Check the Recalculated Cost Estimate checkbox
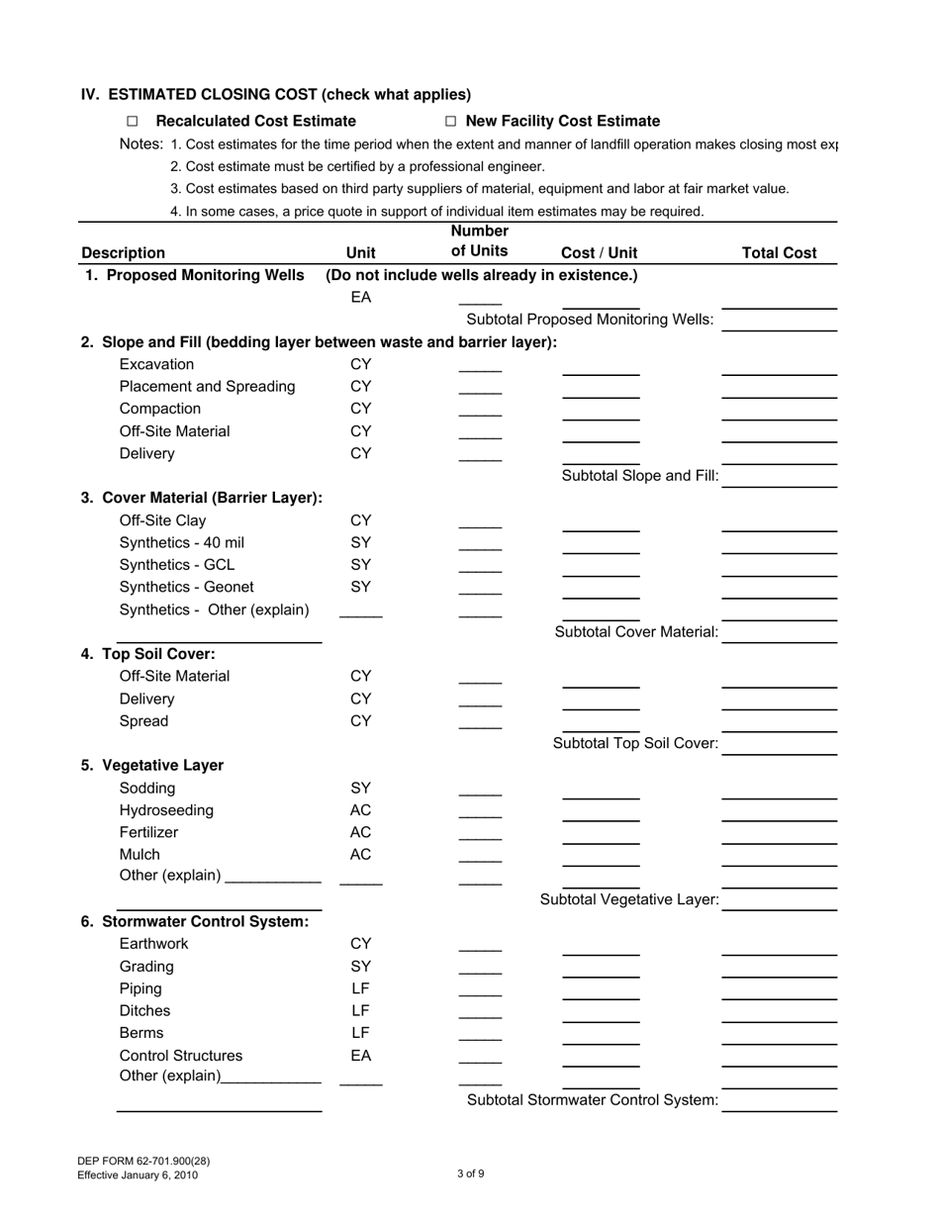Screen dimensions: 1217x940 tap(133, 122)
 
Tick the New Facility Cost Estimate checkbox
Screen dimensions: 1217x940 tap(450, 122)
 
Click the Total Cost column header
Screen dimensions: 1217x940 tap(779, 252)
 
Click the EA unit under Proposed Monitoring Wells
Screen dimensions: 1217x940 tap(361, 297)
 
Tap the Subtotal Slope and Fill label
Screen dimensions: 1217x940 tap(640, 476)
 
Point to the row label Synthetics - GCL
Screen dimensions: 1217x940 tap(177, 565)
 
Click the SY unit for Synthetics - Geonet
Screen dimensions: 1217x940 tap(361, 587)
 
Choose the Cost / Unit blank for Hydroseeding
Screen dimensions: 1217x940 tap(601, 817)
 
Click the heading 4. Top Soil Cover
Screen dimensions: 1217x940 tap(148, 654)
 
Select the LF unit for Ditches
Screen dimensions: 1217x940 tap(360, 1010)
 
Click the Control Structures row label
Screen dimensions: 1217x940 tap(180, 1055)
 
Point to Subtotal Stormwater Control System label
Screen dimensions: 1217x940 tap(592, 1100)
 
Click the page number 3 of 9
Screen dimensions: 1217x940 tap(471, 1174)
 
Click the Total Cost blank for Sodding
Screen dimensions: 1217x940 tap(779, 796)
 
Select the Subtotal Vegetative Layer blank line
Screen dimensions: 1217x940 tap(779, 907)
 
